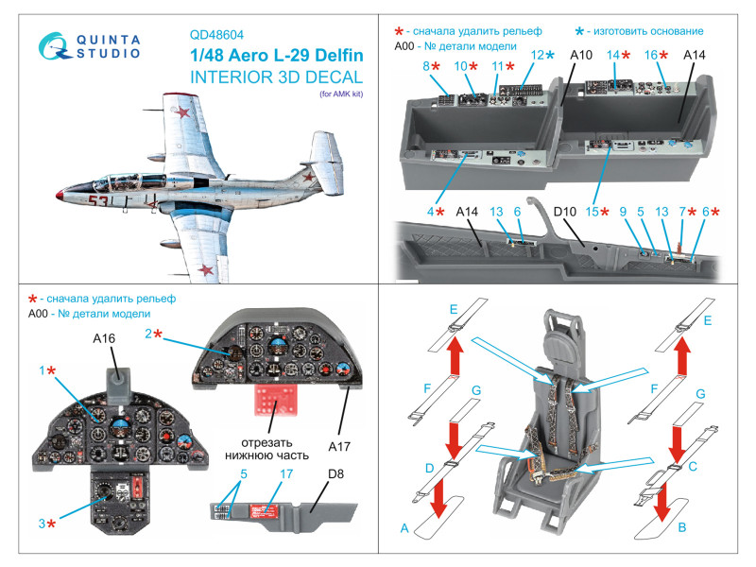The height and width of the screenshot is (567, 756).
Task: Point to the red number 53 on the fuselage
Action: tap(98, 200)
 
